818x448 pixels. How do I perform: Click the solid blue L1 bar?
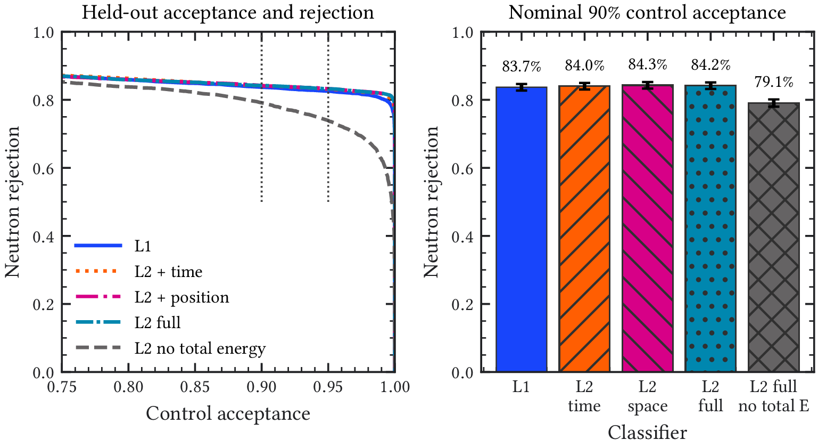point(521,230)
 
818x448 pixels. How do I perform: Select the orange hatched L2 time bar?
point(584,229)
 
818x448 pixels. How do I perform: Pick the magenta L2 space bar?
point(648,229)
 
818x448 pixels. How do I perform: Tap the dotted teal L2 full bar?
point(710,229)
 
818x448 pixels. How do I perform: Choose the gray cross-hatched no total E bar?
point(773,238)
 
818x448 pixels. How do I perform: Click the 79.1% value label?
point(774,82)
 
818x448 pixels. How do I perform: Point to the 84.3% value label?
point(648,64)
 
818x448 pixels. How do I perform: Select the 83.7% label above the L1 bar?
point(521,67)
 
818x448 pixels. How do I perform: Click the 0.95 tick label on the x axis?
point(328,387)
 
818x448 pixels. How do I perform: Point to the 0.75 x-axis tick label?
point(62,387)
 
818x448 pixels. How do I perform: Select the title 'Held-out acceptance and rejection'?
point(228,12)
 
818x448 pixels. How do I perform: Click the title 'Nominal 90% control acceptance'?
point(647,12)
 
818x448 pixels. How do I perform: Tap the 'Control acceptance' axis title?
point(228,414)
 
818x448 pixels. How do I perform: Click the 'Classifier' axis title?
point(647,433)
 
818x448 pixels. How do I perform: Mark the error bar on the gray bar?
point(773,103)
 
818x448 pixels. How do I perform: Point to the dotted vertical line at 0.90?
point(261,117)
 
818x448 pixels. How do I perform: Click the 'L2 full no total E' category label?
point(773,396)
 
